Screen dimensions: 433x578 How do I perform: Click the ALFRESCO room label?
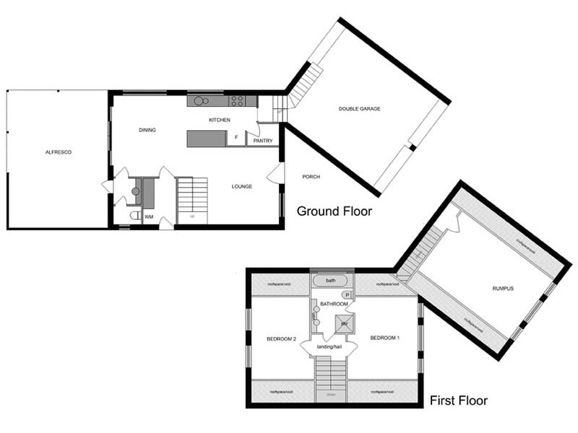[58, 152]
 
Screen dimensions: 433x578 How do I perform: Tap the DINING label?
[147, 130]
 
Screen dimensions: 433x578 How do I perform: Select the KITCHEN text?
[219, 119]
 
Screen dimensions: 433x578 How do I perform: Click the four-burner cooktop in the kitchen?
[238, 101]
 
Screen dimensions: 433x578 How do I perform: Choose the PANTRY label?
[262, 141]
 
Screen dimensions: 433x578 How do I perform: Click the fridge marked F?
[236, 137]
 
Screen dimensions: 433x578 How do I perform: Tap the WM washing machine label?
[149, 216]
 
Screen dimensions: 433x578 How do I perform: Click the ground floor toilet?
[134, 215]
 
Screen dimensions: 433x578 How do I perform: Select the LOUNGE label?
[241, 186]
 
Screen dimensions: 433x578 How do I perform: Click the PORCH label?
[311, 177]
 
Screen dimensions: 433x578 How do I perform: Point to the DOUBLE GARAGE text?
[359, 109]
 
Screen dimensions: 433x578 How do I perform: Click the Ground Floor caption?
[335, 211]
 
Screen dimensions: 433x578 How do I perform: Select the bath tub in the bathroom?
[331, 280]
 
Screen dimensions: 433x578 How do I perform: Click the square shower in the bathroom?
[345, 324]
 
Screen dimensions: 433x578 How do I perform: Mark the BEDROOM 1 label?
[384, 338]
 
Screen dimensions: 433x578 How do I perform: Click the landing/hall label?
[329, 348]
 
